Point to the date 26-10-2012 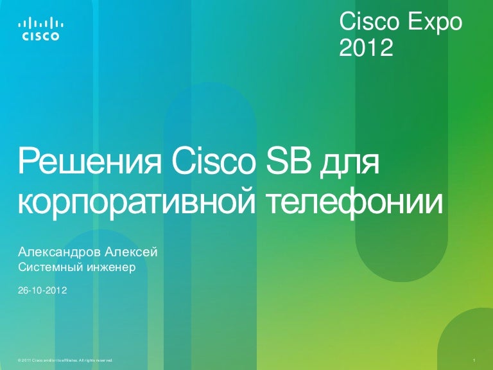point(42,290)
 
